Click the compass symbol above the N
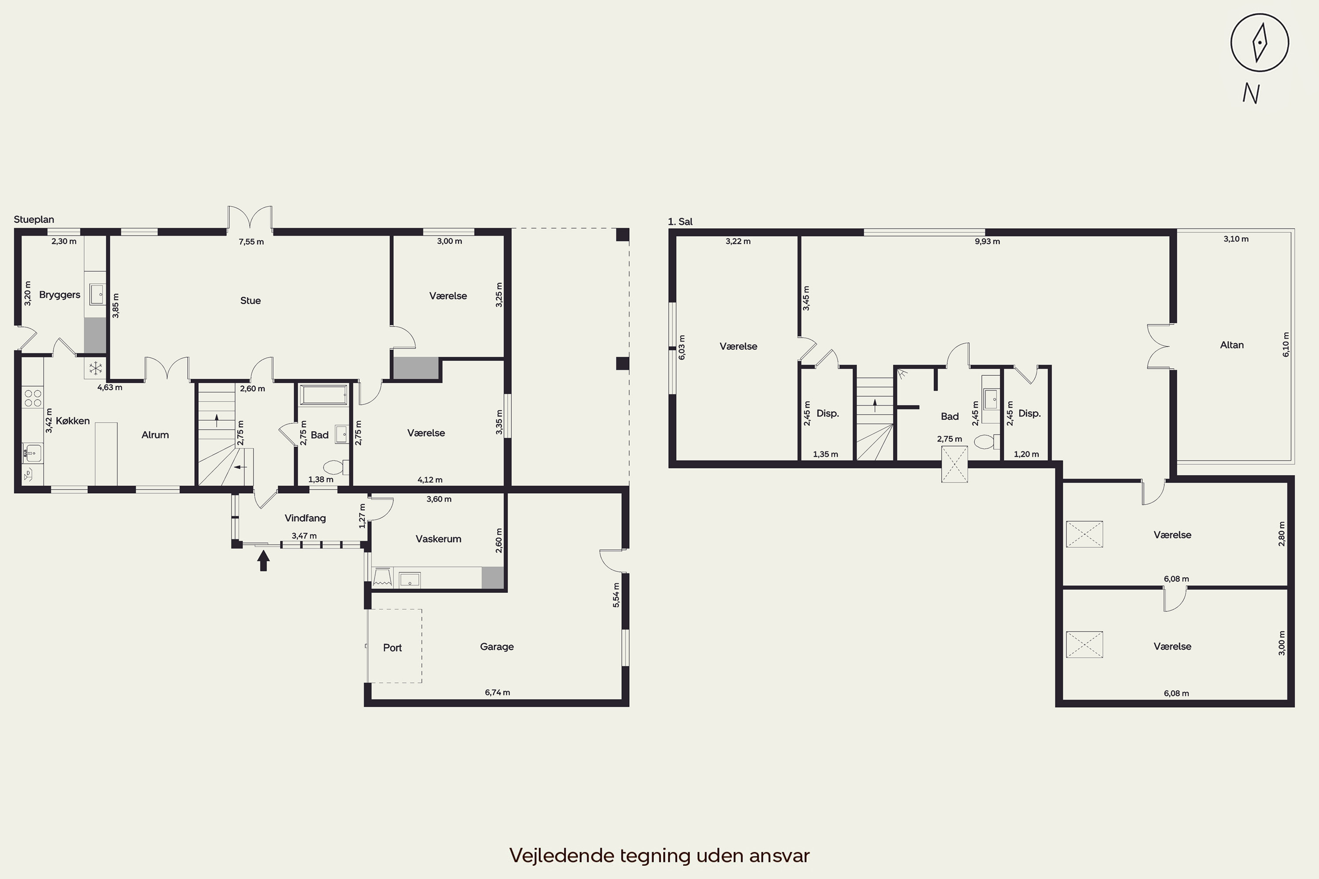click(1260, 43)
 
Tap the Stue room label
click(250, 301)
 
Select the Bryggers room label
click(59, 295)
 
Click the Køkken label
click(73, 421)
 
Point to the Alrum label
click(155, 435)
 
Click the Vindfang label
click(305, 518)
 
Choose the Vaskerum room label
click(438, 539)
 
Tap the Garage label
click(496, 647)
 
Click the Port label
click(392, 647)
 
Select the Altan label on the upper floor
click(1232, 345)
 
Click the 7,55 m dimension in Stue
click(251, 242)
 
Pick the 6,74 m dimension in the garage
click(497, 692)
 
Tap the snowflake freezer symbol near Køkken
click(96, 368)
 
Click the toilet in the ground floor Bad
click(335, 467)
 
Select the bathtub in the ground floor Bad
click(324, 394)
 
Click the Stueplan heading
click(34, 219)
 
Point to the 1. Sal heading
click(680, 222)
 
